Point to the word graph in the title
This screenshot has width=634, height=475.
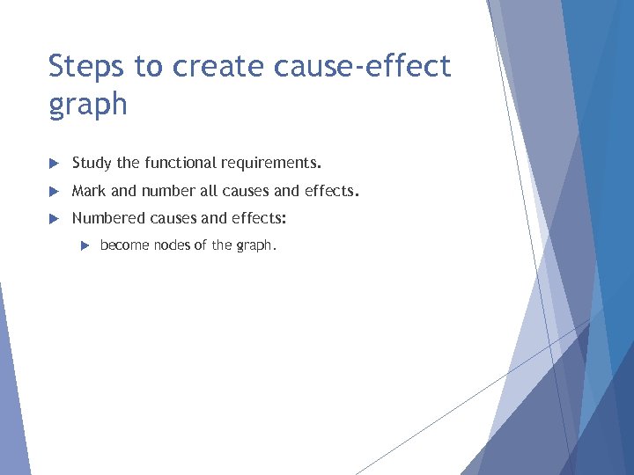tap(87, 106)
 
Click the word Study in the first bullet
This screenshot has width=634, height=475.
tap(91, 163)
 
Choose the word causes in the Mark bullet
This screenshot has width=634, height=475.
tap(241, 191)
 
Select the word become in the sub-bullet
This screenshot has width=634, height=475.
tap(125, 245)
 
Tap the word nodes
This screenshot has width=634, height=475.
tap(172, 245)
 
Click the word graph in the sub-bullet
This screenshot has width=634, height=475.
tap(254, 246)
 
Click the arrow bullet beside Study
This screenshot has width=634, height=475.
tap(54, 163)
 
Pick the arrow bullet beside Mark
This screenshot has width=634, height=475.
tap(54, 191)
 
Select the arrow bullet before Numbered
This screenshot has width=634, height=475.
tap(54, 218)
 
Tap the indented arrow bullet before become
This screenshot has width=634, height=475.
tap(84, 245)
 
